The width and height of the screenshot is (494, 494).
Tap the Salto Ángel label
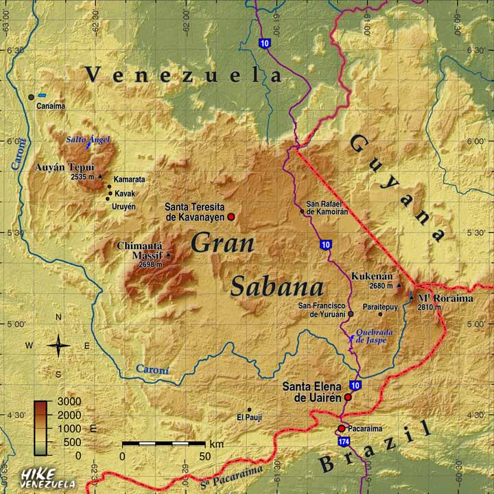pyautogui.click(x=88, y=140)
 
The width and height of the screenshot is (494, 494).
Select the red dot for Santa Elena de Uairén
pyautogui.click(x=348, y=397)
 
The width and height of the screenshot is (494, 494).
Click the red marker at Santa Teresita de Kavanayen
pyautogui.click(x=231, y=217)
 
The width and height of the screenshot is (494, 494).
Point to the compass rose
pyautogui.click(x=58, y=345)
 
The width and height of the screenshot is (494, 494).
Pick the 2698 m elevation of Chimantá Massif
pyautogui.click(x=150, y=263)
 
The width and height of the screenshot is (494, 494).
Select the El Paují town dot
pyautogui.click(x=249, y=410)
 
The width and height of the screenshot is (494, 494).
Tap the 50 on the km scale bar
pyautogui.click(x=205, y=456)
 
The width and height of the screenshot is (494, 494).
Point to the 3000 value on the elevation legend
pyautogui.click(x=69, y=401)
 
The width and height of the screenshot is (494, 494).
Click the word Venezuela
pyautogui.click(x=183, y=75)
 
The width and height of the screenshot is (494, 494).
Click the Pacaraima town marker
pyautogui.click(x=341, y=429)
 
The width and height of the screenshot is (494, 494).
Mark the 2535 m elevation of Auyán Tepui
pyautogui.click(x=83, y=176)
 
